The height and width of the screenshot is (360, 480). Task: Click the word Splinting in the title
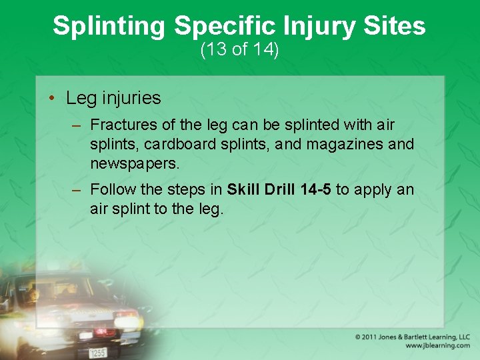click(109, 26)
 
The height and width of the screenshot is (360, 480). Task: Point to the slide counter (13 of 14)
click(239, 50)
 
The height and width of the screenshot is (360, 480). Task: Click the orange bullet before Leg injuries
click(51, 99)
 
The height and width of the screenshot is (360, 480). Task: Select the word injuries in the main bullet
click(131, 98)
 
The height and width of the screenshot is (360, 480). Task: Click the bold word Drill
click(276, 190)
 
